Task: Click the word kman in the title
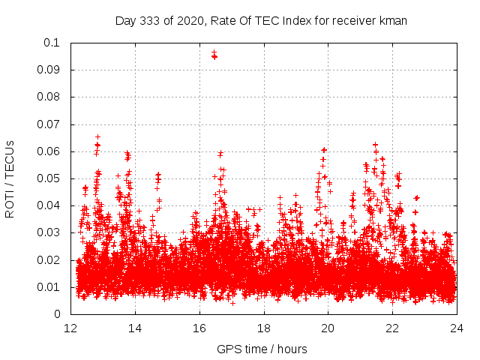[x=394, y=20]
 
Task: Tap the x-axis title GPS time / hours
[x=262, y=349]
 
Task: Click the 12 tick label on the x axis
[x=70, y=328]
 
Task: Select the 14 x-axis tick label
[x=135, y=328]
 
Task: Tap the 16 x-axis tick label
[x=199, y=328]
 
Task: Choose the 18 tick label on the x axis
[x=263, y=328]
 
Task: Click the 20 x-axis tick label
[x=328, y=328]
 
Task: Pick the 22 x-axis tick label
[x=392, y=328]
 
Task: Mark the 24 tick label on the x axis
[x=456, y=328]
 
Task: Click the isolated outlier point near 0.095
[x=214, y=55]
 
